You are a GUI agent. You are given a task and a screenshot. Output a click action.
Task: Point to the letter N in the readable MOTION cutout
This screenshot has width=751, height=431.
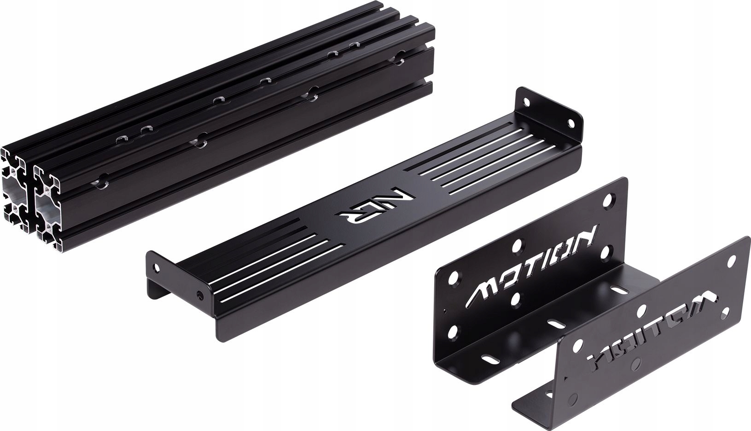(x=588, y=235)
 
